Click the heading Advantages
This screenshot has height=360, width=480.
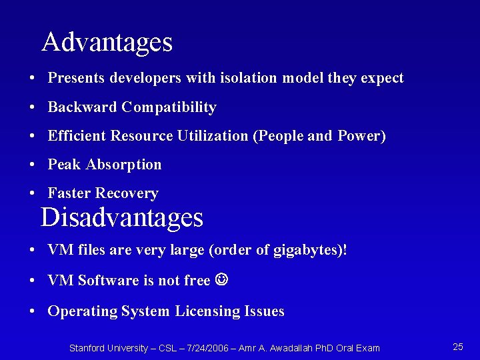(107, 43)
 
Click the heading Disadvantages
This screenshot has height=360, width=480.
(121, 218)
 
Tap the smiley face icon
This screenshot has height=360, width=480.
(222, 280)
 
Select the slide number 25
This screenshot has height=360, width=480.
(458, 347)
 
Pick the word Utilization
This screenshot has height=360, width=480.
(213, 136)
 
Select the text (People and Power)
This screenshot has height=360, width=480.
(319, 136)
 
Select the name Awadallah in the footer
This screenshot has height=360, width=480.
(291, 348)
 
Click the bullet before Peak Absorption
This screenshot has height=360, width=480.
(32, 165)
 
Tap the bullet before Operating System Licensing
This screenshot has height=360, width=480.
(32, 312)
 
